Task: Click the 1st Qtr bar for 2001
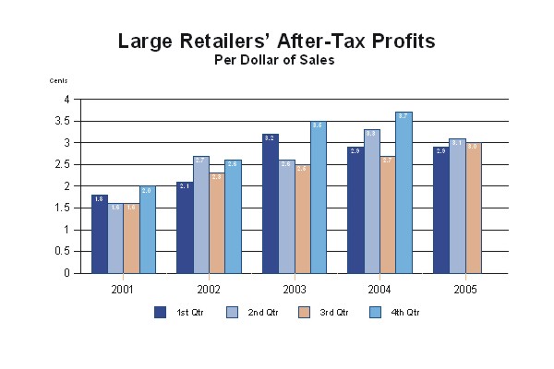pos(100,234)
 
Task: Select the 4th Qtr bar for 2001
pos(148,230)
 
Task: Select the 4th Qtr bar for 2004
pos(403,193)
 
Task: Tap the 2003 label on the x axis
pos(294,289)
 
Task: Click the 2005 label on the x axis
pos(464,289)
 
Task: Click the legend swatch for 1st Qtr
pos(160,312)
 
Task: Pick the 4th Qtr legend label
pos(406,313)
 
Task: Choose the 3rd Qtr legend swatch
pos(305,312)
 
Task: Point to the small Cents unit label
pos(58,81)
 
